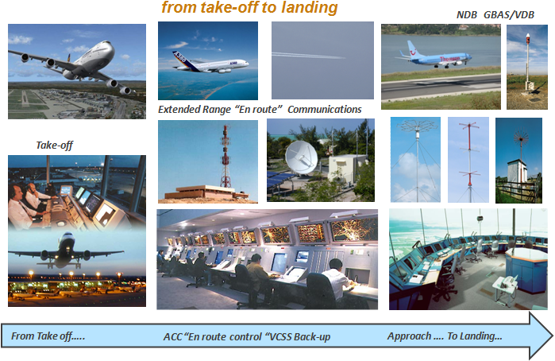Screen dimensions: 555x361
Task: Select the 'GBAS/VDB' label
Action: [x=509, y=15]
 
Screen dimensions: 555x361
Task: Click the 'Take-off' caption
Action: [x=55, y=145]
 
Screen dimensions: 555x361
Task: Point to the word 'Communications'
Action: [x=325, y=109]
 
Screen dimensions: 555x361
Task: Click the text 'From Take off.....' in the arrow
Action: [x=48, y=336]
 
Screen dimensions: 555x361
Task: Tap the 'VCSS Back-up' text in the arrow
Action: [x=300, y=336]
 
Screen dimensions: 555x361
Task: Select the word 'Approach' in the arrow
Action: [x=409, y=336]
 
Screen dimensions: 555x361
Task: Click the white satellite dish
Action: [x=302, y=157]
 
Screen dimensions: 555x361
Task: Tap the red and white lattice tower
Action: [x=225, y=156]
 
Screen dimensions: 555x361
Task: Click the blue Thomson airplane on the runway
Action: [x=436, y=56]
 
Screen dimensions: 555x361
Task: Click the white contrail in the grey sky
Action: [x=308, y=56]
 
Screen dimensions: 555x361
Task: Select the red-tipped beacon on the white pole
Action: [x=527, y=36]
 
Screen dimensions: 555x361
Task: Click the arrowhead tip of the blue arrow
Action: [x=552, y=336]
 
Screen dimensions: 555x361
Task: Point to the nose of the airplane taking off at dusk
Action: [x=66, y=236]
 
